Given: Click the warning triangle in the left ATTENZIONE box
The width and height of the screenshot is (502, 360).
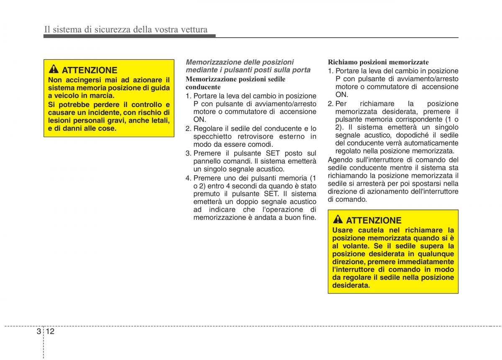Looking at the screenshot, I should click(x=54, y=69).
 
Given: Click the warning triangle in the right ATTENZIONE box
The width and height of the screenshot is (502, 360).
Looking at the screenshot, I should click(x=338, y=220).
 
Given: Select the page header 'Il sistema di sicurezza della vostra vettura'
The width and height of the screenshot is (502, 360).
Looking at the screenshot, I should click(x=126, y=29).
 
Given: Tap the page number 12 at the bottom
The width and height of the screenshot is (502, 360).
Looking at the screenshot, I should click(x=51, y=332).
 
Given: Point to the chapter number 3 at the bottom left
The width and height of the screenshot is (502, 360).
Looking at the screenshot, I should click(x=38, y=332).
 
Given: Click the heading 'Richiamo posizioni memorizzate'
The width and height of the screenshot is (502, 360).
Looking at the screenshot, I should click(x=378, y=62).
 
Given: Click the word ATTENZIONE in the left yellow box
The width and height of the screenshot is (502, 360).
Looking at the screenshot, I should click(x=90, y=70).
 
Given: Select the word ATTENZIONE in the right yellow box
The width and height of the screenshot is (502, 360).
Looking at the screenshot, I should click(x=374, y=220).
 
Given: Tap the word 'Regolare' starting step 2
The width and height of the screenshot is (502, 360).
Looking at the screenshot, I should click(x=207, y=128).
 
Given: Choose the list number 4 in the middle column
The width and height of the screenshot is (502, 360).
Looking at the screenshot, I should click(x=188, y=178).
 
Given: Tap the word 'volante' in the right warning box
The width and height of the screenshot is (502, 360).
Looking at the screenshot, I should click(x=352, y=246).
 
